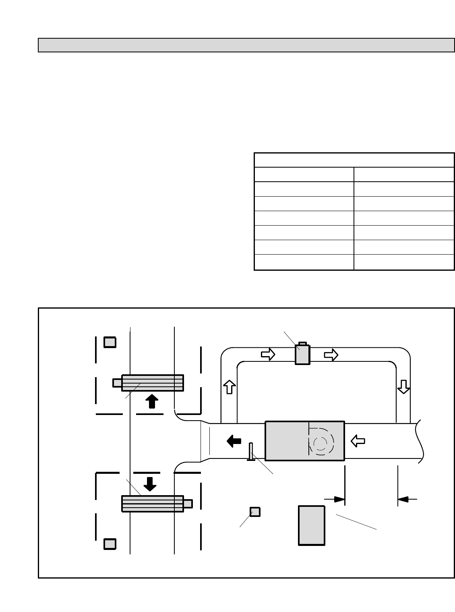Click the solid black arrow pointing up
tap(151, 401)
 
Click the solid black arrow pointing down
tap(150, 484)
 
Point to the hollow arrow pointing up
tap(229, 387)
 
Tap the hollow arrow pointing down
tap(403, 387)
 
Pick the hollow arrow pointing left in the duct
tap(358, 441)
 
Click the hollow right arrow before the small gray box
tap(268, 354)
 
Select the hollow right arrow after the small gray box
tap(331, 355)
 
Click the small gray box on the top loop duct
tap(302, 354)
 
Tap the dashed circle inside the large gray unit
tap(321, 443)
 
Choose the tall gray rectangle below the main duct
tap(311, 525)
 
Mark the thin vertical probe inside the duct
tap(251, 452)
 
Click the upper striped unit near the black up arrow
tap(152, 383)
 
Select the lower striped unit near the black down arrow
tap(152, 504)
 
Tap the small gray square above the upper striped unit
tap(110, 342)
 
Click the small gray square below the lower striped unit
tap(110, 544)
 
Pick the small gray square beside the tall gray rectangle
tap(255, 512)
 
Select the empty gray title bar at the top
tap(246, 45)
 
